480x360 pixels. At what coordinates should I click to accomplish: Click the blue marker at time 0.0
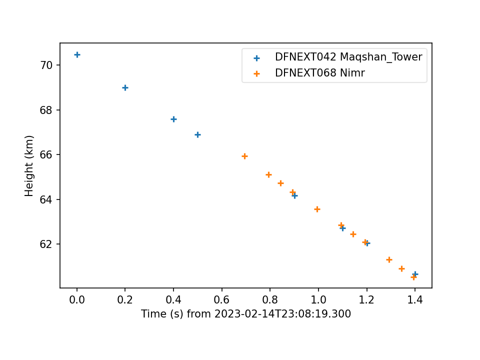click(77, 55)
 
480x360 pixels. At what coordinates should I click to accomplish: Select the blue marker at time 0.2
click(125, 88)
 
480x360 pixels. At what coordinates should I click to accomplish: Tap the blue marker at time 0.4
click(173, 119)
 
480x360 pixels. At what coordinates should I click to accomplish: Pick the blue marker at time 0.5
click(198, 134)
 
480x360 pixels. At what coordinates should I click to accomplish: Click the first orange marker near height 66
click(244, 156)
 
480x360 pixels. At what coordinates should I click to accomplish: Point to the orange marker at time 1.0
click(317, 209)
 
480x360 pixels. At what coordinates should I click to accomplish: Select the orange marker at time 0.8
click(268, 175)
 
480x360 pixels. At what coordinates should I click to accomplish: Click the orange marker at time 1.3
click(389, 260)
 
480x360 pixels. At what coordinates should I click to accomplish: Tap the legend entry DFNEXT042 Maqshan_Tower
click(348, 57)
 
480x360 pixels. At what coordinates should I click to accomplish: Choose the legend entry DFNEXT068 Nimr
click(320, 73)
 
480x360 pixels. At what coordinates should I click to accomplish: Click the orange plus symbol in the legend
click(257, 74)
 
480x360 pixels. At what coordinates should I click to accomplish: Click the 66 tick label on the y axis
click(46, 154)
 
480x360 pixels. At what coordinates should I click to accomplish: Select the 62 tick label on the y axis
click(46, 244)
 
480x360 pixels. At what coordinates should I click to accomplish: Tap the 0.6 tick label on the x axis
click(221, 299)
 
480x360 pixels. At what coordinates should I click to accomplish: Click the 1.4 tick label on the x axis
click(415, 299)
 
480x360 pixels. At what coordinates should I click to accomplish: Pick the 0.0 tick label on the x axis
click(77, 299)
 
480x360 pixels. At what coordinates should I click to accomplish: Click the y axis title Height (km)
click(29, 165)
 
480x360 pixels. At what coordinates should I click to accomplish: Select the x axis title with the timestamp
click(246, 314)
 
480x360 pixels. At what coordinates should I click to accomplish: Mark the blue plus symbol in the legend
click(257, 58)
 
